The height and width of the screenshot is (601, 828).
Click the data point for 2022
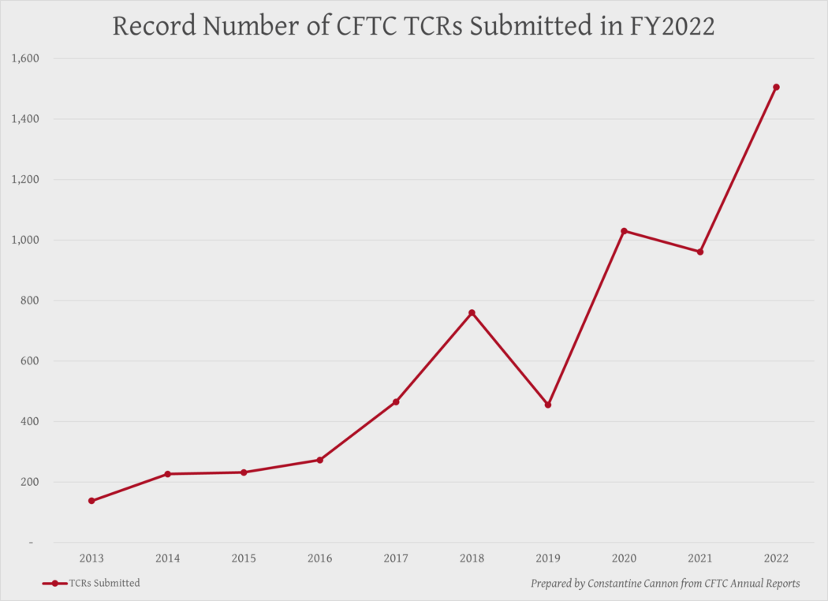(x=776, y=87)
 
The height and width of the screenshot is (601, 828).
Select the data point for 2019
(x=548, y=405)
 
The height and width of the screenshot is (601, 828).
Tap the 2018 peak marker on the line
(x=472, y=313)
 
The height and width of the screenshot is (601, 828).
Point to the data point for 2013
(x=91, y=501)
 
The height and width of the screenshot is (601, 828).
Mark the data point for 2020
(x=624, y=231)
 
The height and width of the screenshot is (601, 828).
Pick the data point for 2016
(x=319, y=460)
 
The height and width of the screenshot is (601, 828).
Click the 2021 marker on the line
(x=699, y=252)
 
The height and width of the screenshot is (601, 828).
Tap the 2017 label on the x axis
(x=396, y=558)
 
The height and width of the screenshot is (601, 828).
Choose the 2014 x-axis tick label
(x=167, y=558)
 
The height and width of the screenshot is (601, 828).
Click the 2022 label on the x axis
(x=776, y=558)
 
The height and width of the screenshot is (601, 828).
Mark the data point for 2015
(x=244, y=472)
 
